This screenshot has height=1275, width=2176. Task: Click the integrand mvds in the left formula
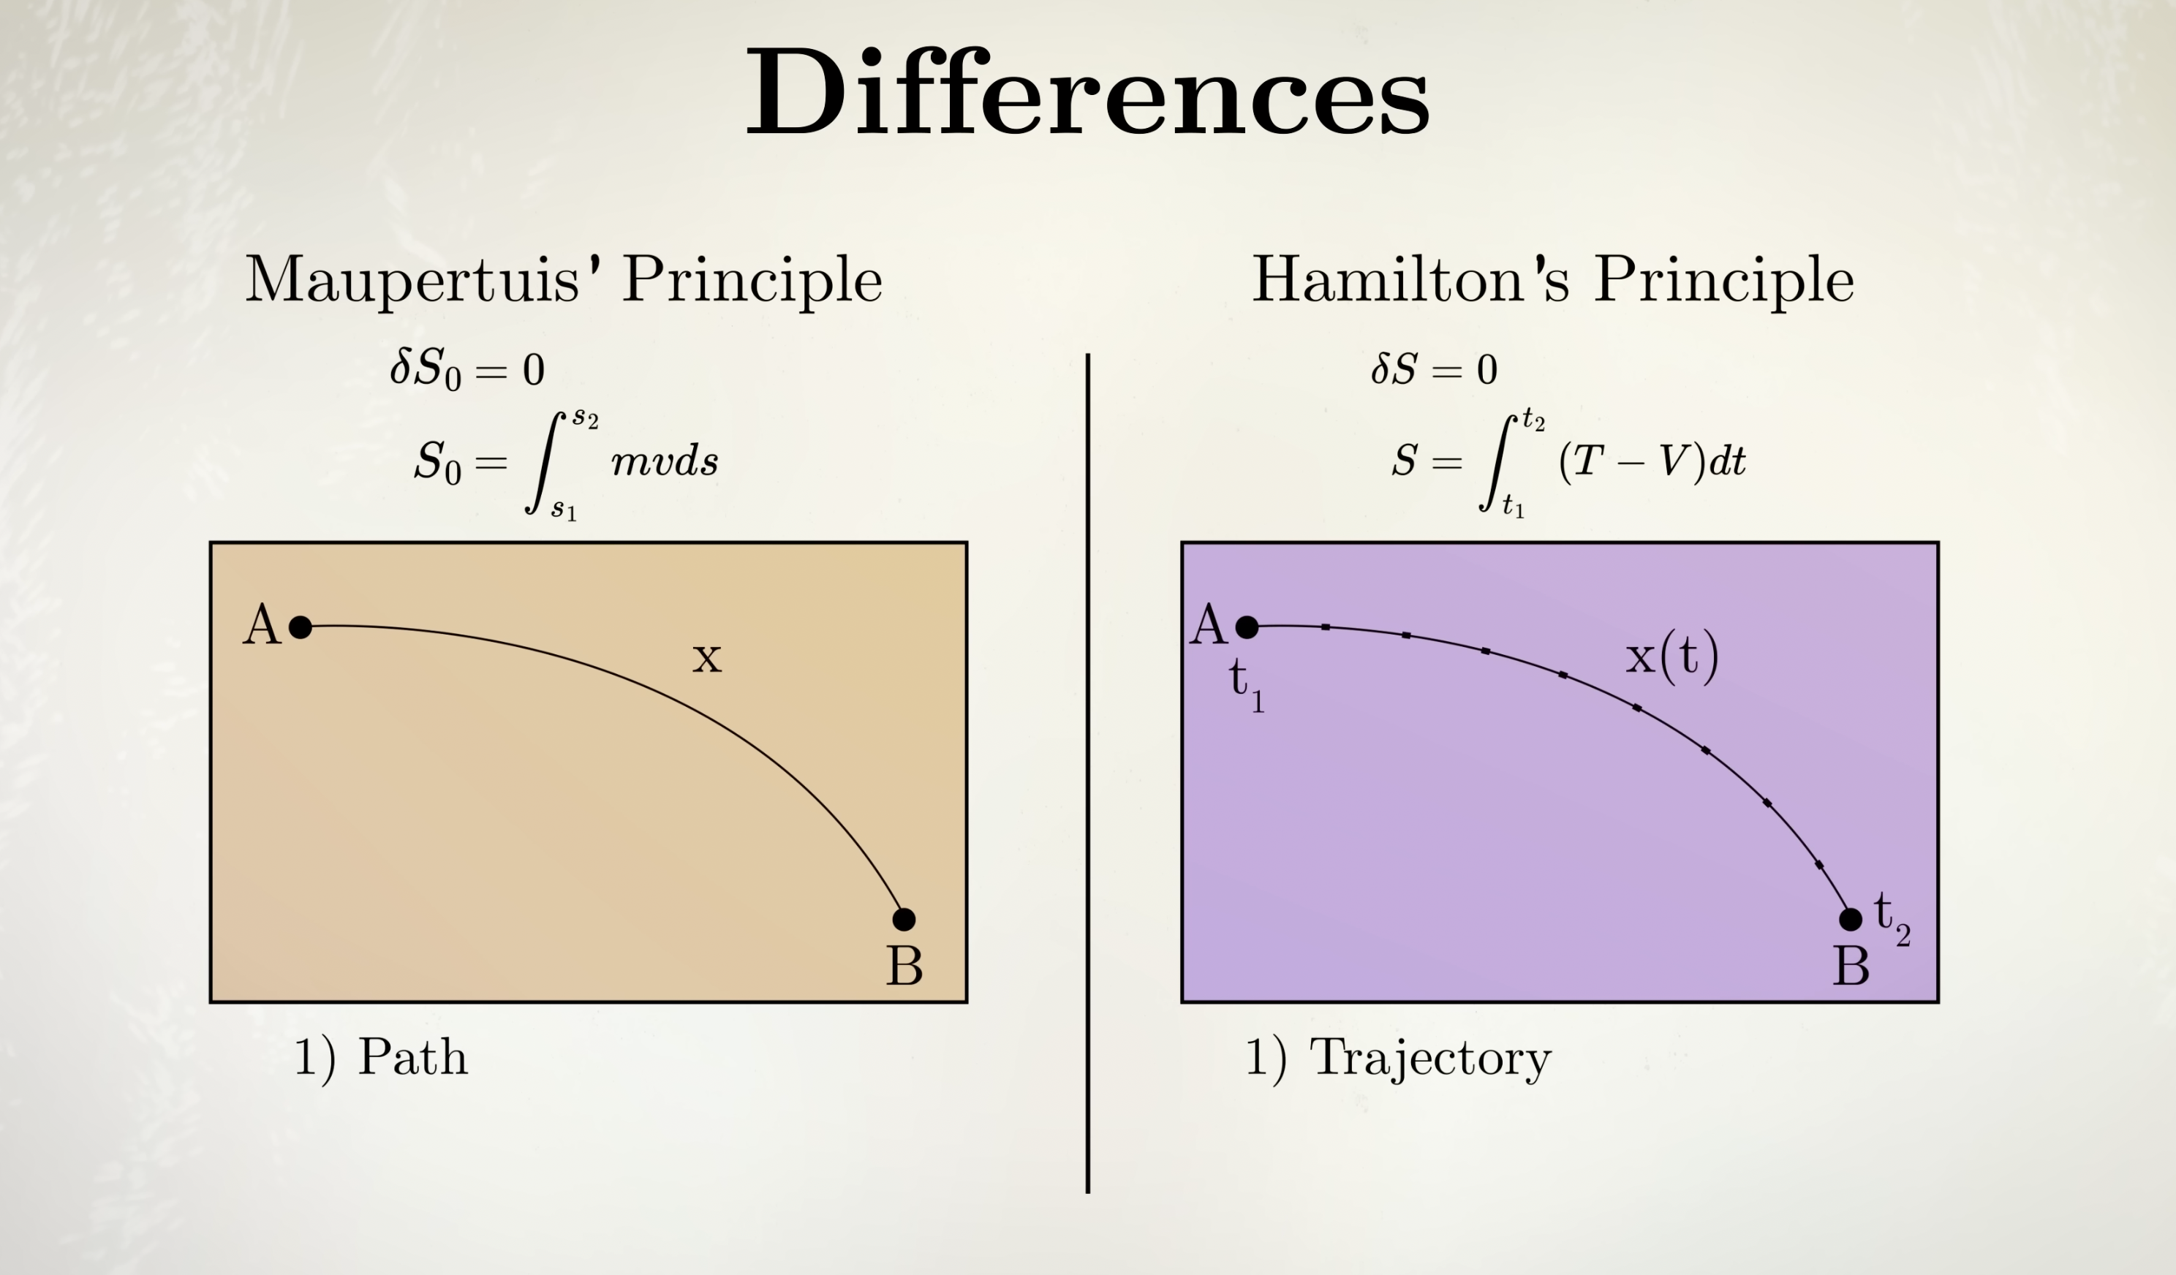click(x=664, y=462)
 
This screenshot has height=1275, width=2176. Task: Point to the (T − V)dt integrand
click(x=1652, y=461)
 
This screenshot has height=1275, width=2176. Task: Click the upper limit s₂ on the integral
click(x=585, y=420)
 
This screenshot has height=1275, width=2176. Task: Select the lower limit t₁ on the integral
click(x=1513, y=505)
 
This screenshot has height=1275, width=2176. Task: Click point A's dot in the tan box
click(x=300, y=627)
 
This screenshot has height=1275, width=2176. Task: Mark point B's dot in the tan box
click(x=903, y=920)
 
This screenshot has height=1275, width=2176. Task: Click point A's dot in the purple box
click(x=1247, y=627)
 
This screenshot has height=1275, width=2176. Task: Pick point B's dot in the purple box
click(x=1851, y=920)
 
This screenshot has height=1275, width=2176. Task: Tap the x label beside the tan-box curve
click(x=706, y=658)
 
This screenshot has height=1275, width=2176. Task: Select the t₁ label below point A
click(x=1247, y=687)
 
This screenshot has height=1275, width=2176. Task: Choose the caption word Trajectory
click(x=1431, y=1059)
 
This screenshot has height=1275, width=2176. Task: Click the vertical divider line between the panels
click(x=1087, y=773)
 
